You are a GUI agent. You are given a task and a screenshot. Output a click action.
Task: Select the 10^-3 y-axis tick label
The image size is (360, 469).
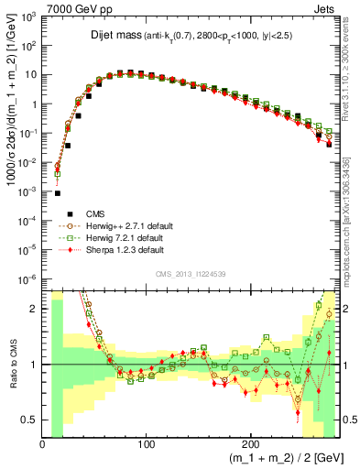click(x=28, y=192)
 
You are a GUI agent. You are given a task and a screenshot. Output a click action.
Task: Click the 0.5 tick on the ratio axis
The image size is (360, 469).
click(x=30, y=420)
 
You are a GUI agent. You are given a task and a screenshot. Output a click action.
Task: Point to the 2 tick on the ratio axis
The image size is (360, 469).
click(x=34, y=309)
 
